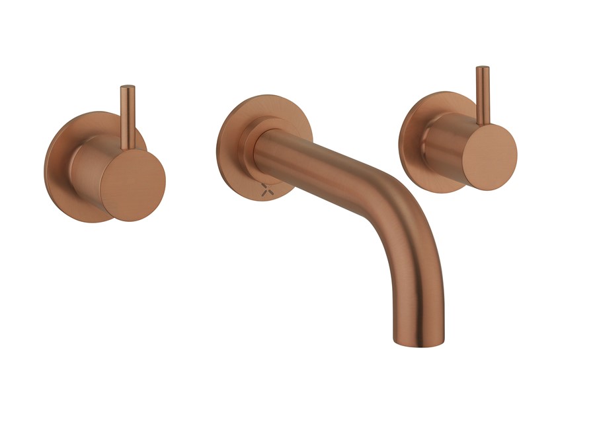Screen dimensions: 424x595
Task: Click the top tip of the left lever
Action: click(x=128, y=88)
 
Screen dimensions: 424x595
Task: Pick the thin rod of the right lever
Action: click(x=483, y=96)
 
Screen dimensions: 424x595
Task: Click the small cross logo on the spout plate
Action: click(x=266, y=190)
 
